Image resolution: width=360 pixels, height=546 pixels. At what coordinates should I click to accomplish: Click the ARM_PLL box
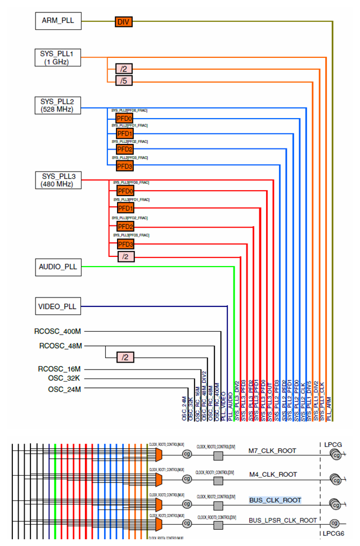coord(58,22)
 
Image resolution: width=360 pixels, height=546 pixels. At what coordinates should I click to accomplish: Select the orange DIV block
coord(123,22)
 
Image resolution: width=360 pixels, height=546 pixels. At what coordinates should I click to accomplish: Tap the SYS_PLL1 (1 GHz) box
coord(58,57)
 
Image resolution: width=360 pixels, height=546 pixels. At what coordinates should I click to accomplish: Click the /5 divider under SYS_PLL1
coord(123,81)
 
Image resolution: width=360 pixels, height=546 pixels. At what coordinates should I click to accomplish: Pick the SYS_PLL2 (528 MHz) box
coord(58,105)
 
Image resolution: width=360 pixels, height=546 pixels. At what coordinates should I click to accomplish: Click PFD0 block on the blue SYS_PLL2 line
coord(124,118)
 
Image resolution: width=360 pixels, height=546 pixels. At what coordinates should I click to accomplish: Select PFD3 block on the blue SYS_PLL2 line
coord(124,166)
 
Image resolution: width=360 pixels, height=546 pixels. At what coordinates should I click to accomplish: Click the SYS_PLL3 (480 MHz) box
coord(58,180)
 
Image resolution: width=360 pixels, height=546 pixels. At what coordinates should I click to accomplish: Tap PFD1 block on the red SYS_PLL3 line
coord(125,209)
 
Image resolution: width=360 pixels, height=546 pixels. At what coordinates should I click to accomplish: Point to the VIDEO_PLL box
coord(58,307)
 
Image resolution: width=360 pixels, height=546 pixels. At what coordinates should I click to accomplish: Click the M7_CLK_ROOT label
coord(272,451)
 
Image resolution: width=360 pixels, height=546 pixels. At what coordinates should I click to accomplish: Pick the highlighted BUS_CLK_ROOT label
coord(275,500)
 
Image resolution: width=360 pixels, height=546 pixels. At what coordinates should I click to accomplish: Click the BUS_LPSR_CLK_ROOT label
coord(283,521)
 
